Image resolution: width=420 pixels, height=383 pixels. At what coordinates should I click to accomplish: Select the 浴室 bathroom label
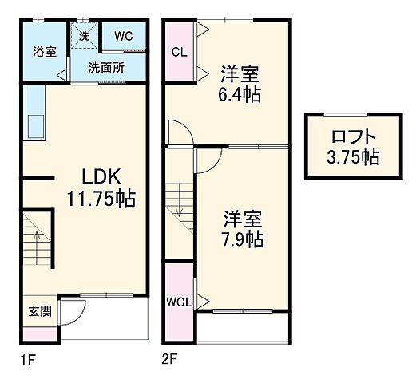pyautogui.click(x=44, y=53)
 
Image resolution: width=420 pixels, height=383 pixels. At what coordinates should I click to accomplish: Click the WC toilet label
pyautogui.click(x=123, y=36)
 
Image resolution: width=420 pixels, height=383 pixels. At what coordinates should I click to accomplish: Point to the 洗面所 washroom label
pyautogui.click(x=105, y=68)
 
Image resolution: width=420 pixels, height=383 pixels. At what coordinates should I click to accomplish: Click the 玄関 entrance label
pyautogui.click(x=40, y=311)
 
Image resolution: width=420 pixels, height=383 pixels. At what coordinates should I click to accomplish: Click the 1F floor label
pyautogui.click(x=29, y=360)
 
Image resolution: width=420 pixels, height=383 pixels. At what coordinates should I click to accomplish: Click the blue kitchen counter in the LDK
pyautogui.click(x=34, y=113)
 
